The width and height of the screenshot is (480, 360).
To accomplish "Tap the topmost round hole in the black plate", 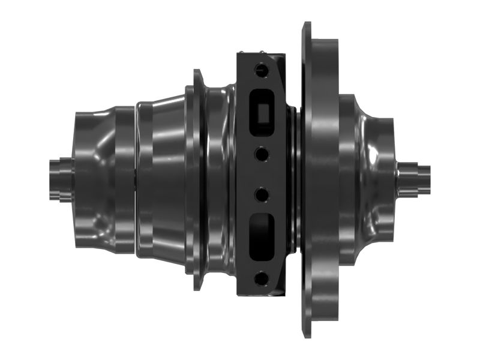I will tap(260, 70).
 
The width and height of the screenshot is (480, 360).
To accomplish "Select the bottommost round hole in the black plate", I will tap(260, 278).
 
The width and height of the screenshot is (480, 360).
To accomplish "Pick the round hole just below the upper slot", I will tap(261, 154).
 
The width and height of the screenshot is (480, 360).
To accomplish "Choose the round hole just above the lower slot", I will tap(261, 194).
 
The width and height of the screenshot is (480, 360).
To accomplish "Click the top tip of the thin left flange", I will tap(197, 71).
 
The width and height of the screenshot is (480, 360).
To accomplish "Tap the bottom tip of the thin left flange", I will tap(197, 289).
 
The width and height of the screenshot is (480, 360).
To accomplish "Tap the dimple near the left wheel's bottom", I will tap(100, 226).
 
